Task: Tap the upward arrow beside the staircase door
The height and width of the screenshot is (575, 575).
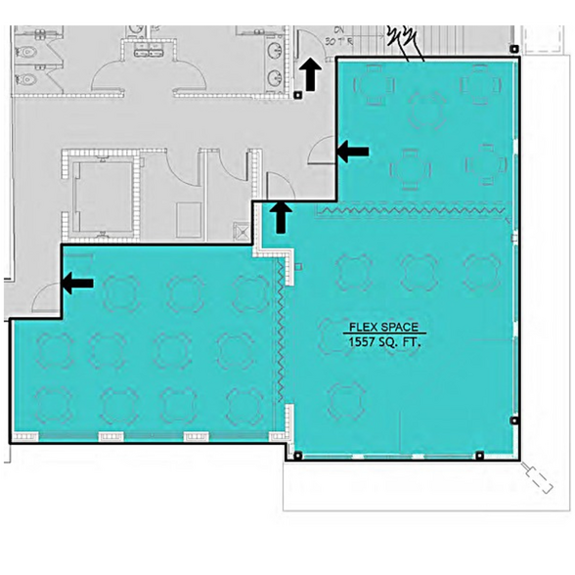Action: [x=310, y=74]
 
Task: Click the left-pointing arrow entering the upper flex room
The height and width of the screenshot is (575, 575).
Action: [x=353, y=151]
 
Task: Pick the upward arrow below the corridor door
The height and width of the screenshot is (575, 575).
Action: [x=281, y=215]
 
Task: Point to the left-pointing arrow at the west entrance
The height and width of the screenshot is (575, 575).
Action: [x=78, y=284]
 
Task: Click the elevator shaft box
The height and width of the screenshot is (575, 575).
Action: [x=103, y=193]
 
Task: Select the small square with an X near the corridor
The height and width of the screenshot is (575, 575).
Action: [x=242, y=232]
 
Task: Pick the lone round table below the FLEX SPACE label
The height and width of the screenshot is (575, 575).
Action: [x=347, y=400]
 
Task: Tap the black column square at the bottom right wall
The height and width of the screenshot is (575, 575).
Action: [x=479, y=455]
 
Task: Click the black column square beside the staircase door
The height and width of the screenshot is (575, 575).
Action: [x=297, y=95]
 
